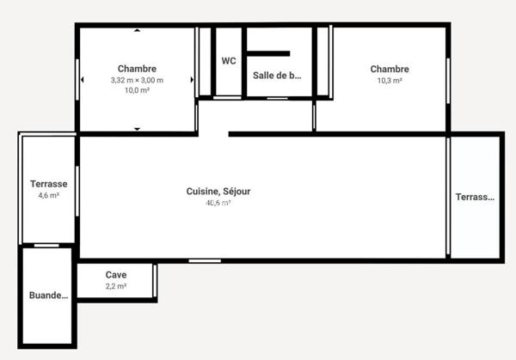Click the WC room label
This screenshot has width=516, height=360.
pos(228,61)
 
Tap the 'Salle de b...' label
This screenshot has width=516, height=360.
pos(277,75)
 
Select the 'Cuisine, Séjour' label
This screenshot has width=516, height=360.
pos(218,192)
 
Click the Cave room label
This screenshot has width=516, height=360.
pos(116,275)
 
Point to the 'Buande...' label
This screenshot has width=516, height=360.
pos(47,296)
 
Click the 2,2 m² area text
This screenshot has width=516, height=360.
pos(116,286)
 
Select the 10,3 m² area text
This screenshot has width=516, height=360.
pos(390,81)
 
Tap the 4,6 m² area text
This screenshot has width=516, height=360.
pos(48,196)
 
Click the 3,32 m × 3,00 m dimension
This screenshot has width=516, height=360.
pos(137,80)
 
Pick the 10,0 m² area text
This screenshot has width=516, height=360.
pos(137,90)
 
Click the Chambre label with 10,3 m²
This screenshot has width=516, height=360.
pos(390,70)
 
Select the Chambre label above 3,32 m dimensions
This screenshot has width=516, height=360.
pos(137,69)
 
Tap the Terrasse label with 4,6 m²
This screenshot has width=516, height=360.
pos(48,184)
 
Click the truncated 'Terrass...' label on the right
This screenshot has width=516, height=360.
pos(475,197)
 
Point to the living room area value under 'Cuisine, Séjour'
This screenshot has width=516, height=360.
pos(218,204)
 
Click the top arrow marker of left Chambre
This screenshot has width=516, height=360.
pos(137,31)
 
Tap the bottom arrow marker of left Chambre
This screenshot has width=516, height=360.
pos(137,129)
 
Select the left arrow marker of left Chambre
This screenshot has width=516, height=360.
pos(83,80)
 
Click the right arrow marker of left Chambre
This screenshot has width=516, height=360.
pos(192,80)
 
